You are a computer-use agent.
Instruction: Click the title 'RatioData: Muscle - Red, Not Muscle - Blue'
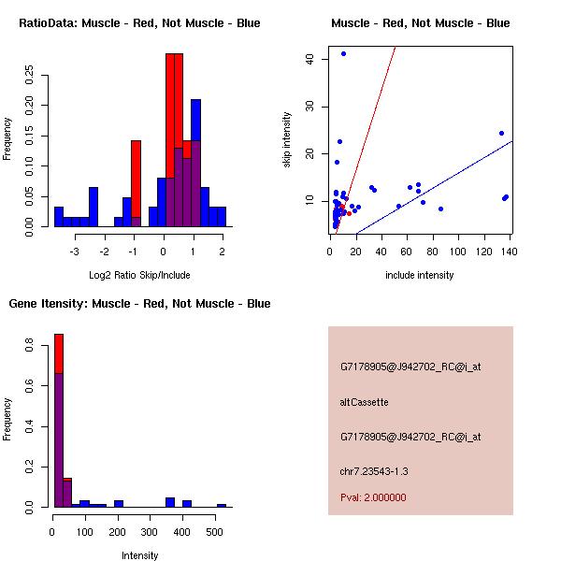pos(139,22)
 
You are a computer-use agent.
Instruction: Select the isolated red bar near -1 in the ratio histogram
pos(137,182)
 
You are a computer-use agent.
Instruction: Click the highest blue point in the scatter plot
pos(343,53)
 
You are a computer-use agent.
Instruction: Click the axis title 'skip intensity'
pos(287,140)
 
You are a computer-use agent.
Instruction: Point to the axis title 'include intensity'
pos(419,274)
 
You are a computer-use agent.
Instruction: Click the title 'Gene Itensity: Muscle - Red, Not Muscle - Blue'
pos(139,303)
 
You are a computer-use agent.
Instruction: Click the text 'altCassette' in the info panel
pos(364,402)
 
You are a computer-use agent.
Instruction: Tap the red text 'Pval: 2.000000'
pos(372,497)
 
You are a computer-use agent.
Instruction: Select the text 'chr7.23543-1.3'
pos(374,470)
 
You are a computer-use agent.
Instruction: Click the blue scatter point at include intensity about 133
pos(501,133)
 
